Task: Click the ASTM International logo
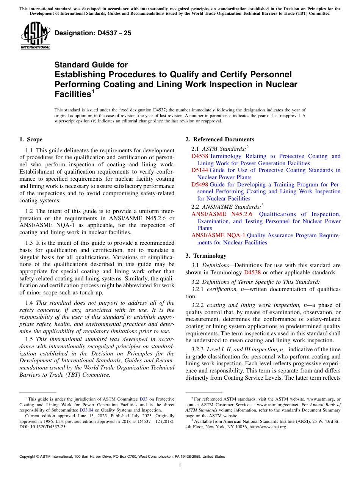(35, 36)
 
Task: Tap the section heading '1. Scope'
(31, 139)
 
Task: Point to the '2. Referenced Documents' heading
(220, 139)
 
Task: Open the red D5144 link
(199, 170)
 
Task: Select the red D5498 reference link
(199, 185)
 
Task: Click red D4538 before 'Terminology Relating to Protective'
(199, 156)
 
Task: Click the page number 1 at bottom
(180, 466)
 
